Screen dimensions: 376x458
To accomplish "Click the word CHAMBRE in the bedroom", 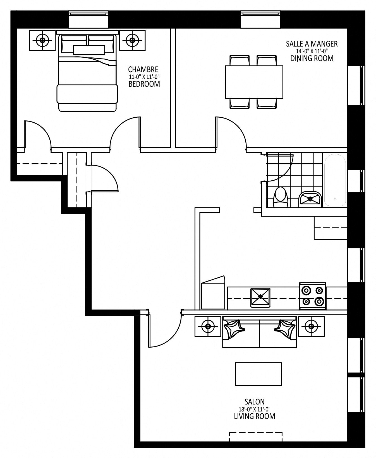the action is (x=143, y=69).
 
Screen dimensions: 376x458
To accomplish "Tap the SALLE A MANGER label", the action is (x=312, y=44).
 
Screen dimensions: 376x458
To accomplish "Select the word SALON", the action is (x=254, y=402).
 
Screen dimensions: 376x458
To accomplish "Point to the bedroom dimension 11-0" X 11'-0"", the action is (x=144, y=77).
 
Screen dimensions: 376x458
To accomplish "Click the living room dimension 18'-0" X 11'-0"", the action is (x=254, y=409).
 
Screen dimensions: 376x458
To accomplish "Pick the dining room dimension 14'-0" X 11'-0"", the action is (x=312, y=51).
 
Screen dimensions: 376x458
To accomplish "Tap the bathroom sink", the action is (x=310, y=199).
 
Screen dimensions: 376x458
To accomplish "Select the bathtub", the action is (x=335, y=180).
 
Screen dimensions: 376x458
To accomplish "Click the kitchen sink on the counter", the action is (x=260, y=297).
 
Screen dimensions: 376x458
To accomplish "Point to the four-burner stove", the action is (x=313, y=296).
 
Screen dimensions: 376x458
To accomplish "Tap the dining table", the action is (x=254, y=82).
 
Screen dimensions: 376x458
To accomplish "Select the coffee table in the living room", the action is (x=258, y=374).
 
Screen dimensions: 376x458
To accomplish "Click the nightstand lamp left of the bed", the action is (x=42, y=40).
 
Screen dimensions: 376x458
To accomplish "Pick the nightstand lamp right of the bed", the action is (x=132, y=40).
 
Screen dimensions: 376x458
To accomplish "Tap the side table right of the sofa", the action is (x=311, y=326).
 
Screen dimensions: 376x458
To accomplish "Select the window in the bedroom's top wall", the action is (x=88, y=20).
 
